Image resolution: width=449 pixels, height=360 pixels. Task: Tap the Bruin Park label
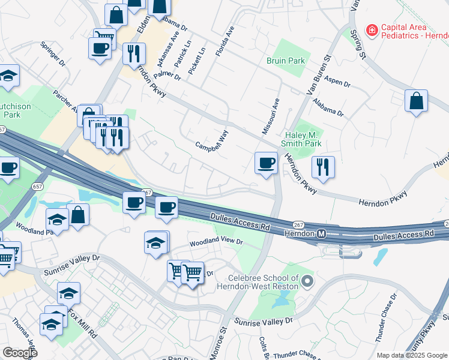click(x=286, y=61)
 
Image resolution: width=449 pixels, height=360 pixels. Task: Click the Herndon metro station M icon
click(x=322, y=233)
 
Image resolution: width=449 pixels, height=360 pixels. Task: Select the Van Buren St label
click(x=319, y=76)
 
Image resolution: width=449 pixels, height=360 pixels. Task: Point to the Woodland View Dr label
click(x=216, y=242)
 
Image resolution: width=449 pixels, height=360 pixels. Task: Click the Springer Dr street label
click(x=53, y=53)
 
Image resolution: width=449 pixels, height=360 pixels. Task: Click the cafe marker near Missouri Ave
click(x=265, y=163)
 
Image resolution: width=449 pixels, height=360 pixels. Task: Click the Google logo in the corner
click(x=20, y=353)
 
